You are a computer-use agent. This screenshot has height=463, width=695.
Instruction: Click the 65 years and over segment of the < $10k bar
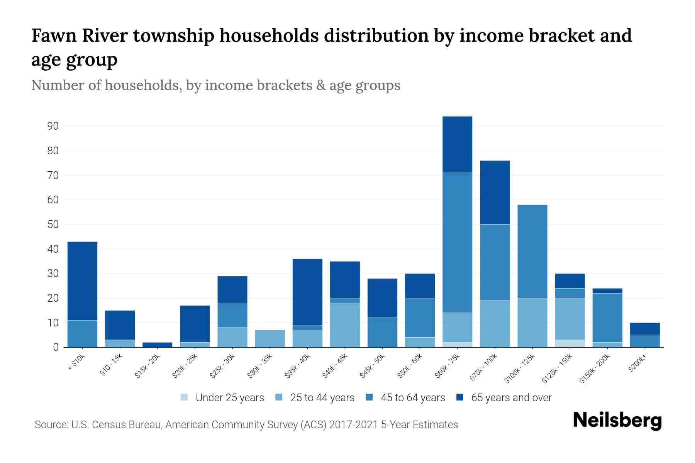82,281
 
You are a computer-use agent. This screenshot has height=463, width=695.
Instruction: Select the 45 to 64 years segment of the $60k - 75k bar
457,243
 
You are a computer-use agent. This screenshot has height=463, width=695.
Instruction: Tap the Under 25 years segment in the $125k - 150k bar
570,343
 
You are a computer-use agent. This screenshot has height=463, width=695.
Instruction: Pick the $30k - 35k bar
270,339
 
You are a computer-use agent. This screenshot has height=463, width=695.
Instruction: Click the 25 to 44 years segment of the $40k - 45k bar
345,325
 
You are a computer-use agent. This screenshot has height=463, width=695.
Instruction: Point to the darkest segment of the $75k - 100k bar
495,193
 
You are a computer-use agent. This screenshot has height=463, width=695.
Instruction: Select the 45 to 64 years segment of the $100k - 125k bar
532,252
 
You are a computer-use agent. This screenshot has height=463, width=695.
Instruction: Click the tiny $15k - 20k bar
157,345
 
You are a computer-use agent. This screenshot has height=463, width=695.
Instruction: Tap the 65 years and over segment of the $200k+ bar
645,329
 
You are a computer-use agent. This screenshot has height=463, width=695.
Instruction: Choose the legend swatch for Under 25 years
185,397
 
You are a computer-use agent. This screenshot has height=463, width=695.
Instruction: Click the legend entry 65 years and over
511,398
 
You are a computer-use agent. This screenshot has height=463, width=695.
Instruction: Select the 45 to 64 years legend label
412,398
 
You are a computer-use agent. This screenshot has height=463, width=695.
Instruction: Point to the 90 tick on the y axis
53,126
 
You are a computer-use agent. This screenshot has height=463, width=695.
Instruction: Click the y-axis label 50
53,225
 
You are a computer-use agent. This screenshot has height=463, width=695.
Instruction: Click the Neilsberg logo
617,421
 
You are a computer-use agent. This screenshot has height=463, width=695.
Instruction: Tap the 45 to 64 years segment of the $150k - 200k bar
607,318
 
